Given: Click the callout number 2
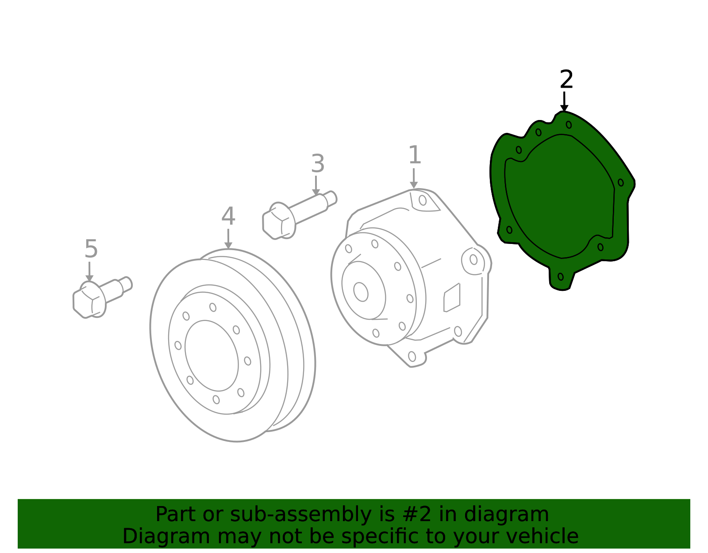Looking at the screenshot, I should pyautogui.click(x=566, y=80).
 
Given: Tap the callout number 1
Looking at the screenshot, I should pyautogui.click(x=414, y=155).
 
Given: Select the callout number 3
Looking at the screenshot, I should pyautogui.click(x=318, y=164).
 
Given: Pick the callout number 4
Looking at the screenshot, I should pyautogui.click(x=228, y=217).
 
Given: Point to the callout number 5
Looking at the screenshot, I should pyautogui.click(x=91, y=249).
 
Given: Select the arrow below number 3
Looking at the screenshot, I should pyautogui.click(x=316, y=186).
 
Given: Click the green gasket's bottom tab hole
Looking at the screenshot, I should pyautogui.click(x=561, y=277).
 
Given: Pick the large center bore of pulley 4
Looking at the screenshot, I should pyautogui.click(x=212, y=356).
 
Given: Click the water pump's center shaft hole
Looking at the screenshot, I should pyautogui.click(x=361, y=292).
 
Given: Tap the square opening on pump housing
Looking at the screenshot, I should pyautogui.click(x=452, y=298).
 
